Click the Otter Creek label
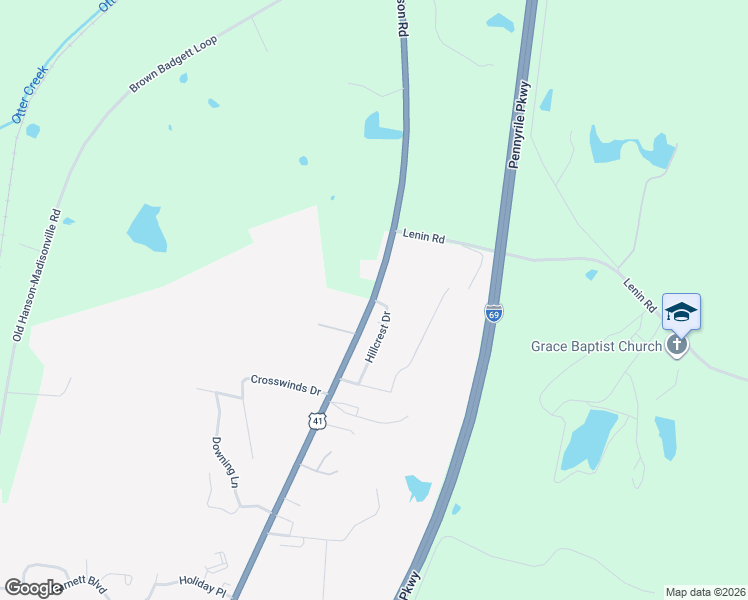click(x=30, y=102)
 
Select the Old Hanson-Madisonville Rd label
click(x=37, y=275)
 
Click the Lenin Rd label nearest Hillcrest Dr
click(x=424, y=237)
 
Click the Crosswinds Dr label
click(x=285, y=381)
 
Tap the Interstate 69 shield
click(x=493, y=313)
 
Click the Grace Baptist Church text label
click(x=596, y=347)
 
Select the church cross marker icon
click(x=677, y=346)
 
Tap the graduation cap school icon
click(x=681, y=311)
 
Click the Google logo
click(x=34, y=587)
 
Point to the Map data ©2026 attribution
click(x=705, y=592)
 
